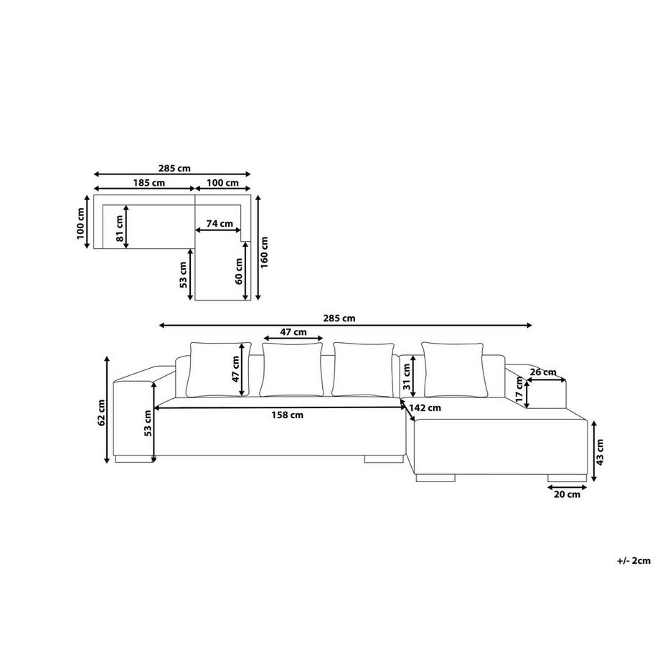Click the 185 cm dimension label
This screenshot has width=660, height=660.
coord(149,183)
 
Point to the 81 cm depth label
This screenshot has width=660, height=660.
coord(120,229)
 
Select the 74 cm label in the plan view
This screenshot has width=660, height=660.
coord(220,224)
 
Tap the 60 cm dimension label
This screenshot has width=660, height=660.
coord(239,271)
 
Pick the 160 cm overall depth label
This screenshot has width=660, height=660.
coord(264,252)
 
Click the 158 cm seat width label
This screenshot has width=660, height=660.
coord(287,415)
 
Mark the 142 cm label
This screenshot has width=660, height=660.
coord(425,408)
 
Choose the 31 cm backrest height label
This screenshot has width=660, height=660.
coord(407,377)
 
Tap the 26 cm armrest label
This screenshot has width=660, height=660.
coord(543,372)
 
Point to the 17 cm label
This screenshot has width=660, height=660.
coord(519,390)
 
